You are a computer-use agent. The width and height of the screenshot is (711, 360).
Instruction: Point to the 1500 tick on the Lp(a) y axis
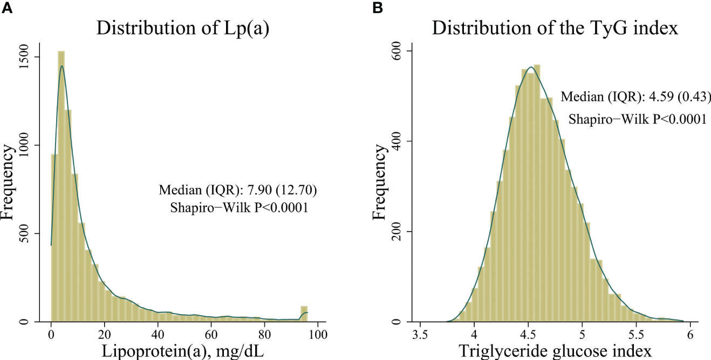pos(31,57)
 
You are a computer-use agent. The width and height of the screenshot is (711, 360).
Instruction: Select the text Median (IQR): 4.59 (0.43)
pos(634,98)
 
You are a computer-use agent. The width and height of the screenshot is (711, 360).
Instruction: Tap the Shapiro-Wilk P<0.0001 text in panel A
pos(240,208)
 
